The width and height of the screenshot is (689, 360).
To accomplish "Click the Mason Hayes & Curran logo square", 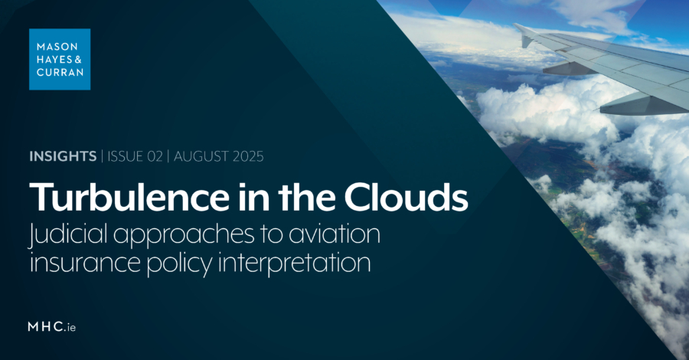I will tap(60, 59).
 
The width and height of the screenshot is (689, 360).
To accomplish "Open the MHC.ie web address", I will tap(52, 327).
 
